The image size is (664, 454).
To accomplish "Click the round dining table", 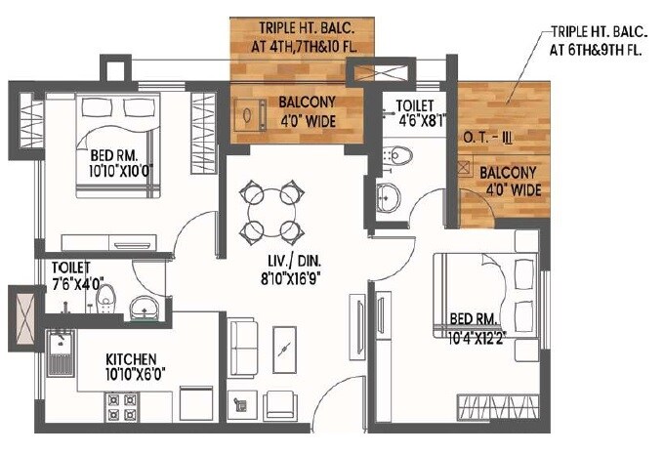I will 269,208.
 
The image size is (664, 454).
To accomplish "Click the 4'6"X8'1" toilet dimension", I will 421,122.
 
